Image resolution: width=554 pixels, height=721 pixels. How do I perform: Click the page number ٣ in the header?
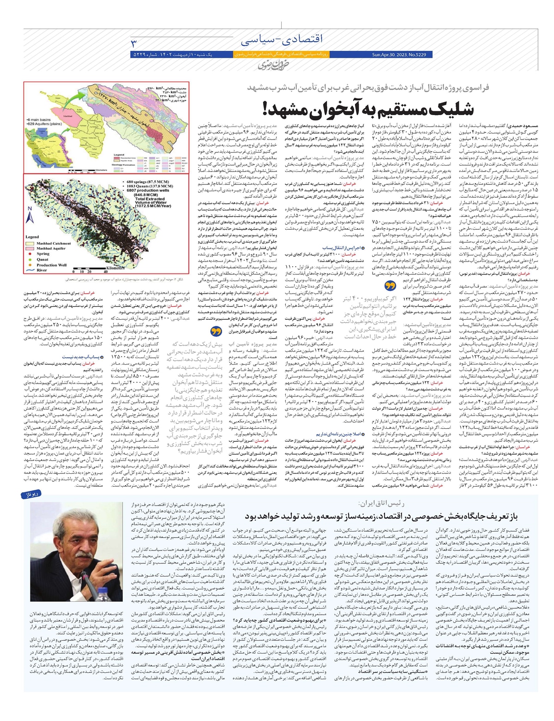point(134,43)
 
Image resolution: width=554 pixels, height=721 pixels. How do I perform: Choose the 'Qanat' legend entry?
point(43,259)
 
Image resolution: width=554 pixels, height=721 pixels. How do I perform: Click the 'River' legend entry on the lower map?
point(42,270)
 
